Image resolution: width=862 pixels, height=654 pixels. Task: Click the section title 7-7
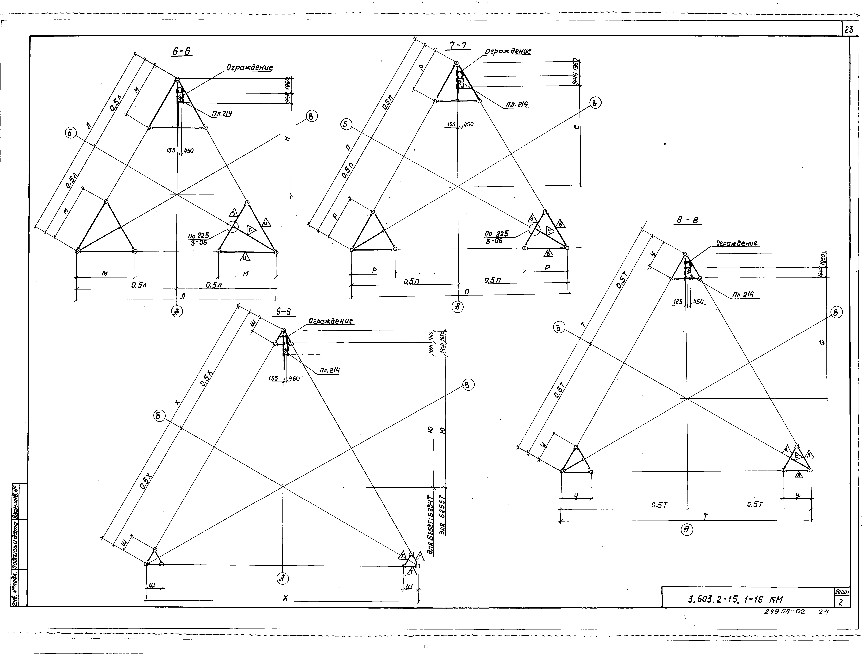pos(458,46)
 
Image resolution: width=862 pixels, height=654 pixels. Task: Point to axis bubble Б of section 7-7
pos(346,125)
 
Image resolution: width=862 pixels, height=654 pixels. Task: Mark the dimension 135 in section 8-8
pos(678,301)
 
